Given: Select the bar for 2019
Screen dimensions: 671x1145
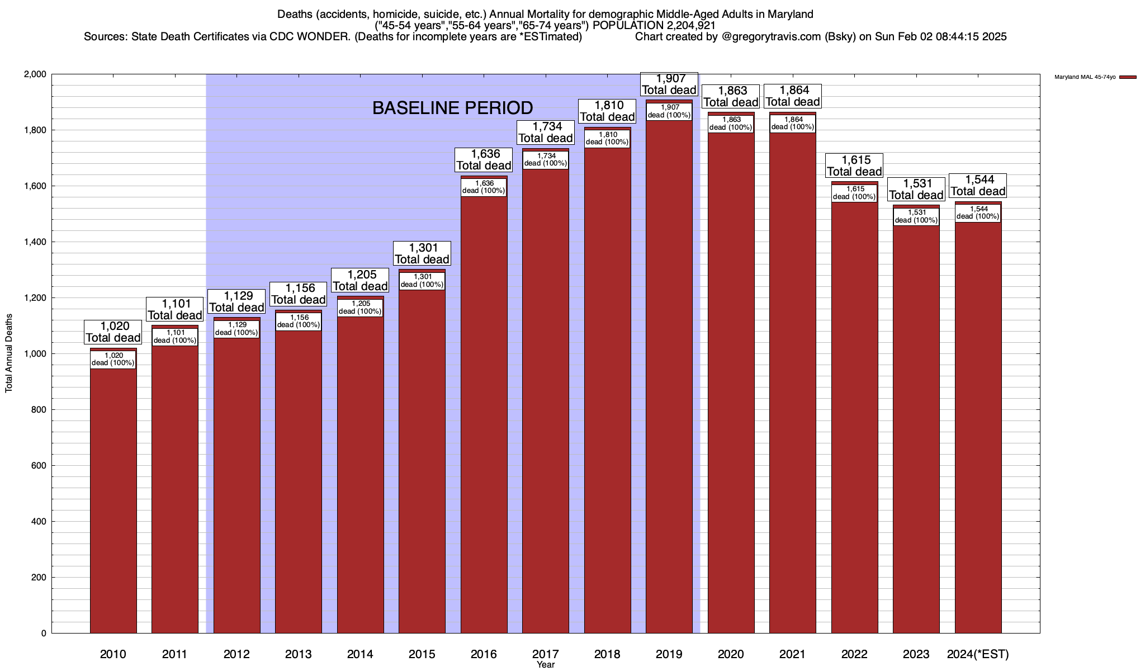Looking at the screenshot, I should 669,380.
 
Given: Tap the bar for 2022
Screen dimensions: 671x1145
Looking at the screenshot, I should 854,419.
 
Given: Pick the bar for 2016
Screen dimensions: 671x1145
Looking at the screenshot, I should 484,414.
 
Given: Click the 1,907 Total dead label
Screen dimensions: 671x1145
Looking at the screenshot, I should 669,84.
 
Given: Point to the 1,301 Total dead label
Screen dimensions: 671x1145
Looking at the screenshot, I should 422,253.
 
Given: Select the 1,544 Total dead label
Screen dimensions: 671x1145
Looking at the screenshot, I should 978,185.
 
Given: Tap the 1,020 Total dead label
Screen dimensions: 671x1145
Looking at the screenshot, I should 113,332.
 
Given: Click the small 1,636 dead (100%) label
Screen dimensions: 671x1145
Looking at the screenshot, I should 484,187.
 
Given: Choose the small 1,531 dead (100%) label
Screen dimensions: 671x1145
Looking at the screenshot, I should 916,216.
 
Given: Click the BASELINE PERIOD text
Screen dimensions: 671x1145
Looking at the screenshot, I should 452,108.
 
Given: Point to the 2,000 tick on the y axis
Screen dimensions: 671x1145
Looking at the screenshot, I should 35,74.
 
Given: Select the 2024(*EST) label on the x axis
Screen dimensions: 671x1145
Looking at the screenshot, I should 978,654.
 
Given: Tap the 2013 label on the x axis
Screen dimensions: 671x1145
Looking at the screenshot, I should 299,654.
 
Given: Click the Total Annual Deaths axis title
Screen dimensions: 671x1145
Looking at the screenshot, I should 9,353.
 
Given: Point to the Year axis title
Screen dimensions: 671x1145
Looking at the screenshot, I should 546,665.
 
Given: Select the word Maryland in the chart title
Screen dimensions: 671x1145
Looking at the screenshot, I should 789,14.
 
